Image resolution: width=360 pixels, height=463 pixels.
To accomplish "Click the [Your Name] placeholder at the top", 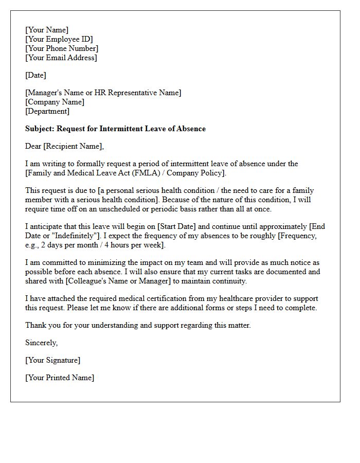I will coord(47,30).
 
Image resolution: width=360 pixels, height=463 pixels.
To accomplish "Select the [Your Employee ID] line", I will coord(59,39).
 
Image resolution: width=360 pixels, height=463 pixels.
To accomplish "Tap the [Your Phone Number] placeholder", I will coord(62,48).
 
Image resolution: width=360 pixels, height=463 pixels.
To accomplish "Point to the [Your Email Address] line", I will coord(61,58).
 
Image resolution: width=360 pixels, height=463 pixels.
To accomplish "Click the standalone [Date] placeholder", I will coord(35,75).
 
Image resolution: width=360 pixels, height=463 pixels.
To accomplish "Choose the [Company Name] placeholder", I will coord(55,102).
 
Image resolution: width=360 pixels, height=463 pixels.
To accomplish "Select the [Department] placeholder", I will coord(47,111).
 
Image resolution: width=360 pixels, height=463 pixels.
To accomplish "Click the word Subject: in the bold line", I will coord(40,129).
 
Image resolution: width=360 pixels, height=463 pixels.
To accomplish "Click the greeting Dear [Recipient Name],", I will coord(64,146).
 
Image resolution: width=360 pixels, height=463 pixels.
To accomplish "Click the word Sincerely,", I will coord(42,343).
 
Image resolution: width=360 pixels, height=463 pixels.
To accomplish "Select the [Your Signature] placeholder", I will coord(52,360).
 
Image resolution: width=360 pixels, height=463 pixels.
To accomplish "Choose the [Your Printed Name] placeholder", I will coord(60,378).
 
